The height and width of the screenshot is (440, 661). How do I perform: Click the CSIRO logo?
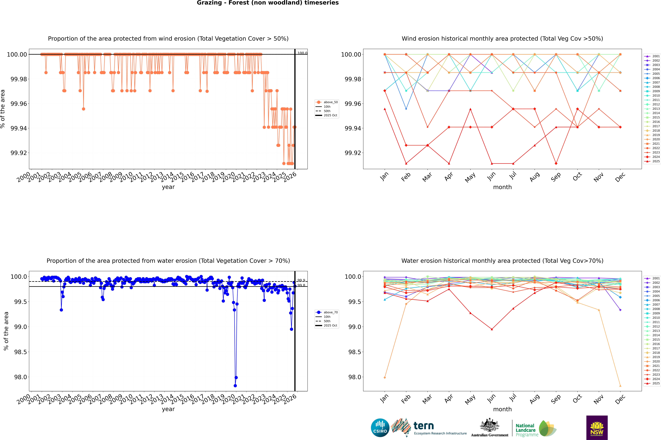[x=380, y=428]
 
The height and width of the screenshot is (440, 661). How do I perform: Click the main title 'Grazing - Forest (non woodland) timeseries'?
[x=268, y=3]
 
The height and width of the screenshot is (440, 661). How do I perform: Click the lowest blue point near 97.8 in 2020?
[x=235, y=386]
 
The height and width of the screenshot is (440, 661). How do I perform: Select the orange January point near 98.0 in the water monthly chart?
[x=385, y=377]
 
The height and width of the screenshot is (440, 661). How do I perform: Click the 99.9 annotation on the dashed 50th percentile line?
[x=301, y=280]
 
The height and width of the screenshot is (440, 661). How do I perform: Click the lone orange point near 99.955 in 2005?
[x=84, y=109]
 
